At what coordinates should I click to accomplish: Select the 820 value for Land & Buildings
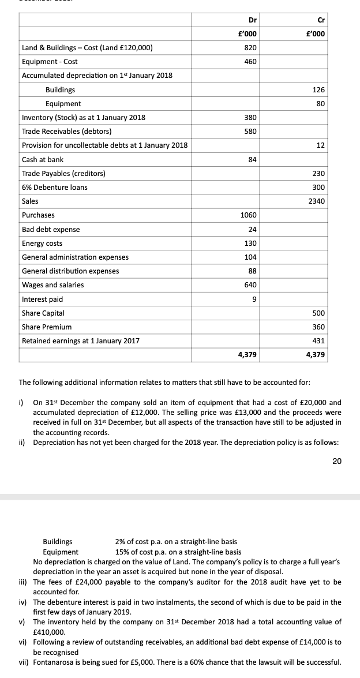pos(251,47)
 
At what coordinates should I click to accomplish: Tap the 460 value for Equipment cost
pos(251,61)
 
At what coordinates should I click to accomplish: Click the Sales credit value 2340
pos(317,201)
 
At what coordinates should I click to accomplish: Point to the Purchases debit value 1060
pos(249,215)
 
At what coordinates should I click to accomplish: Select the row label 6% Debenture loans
pos(55,188)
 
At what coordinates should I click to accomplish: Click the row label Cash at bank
pos(43,159)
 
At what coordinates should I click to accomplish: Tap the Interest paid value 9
pos(254,299)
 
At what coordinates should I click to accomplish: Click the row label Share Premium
pos(47,327)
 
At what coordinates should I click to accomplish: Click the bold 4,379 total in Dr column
pos(247,355)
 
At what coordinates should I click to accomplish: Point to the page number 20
pos(337,460)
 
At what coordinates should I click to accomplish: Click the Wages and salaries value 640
pos(251,285)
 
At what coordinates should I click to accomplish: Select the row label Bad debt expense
pos(51,229)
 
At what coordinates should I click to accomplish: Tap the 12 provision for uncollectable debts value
pos(321,145)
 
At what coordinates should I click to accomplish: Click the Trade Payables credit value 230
pos(319,174)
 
